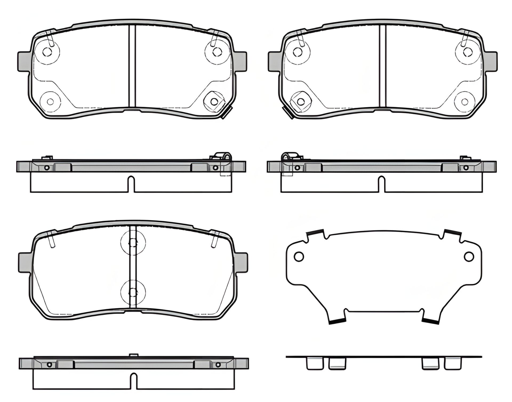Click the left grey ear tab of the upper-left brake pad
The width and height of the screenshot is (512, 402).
[24, 61]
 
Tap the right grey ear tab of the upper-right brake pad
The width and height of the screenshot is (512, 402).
[491, 61]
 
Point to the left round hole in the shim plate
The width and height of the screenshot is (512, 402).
[299, 256]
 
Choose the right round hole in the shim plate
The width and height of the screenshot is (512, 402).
[469, 256]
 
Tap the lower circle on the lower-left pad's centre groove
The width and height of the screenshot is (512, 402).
[133, 292]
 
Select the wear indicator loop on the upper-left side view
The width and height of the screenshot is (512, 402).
[223, 156]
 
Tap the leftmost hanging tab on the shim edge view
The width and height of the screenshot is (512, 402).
[311, 364]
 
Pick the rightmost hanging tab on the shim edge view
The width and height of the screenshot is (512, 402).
[453, 364]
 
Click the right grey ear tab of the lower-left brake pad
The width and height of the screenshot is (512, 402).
[241, 262]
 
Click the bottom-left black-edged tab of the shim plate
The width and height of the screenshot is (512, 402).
[337, 321]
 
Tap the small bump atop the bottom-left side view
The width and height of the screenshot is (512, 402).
[134, 355]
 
